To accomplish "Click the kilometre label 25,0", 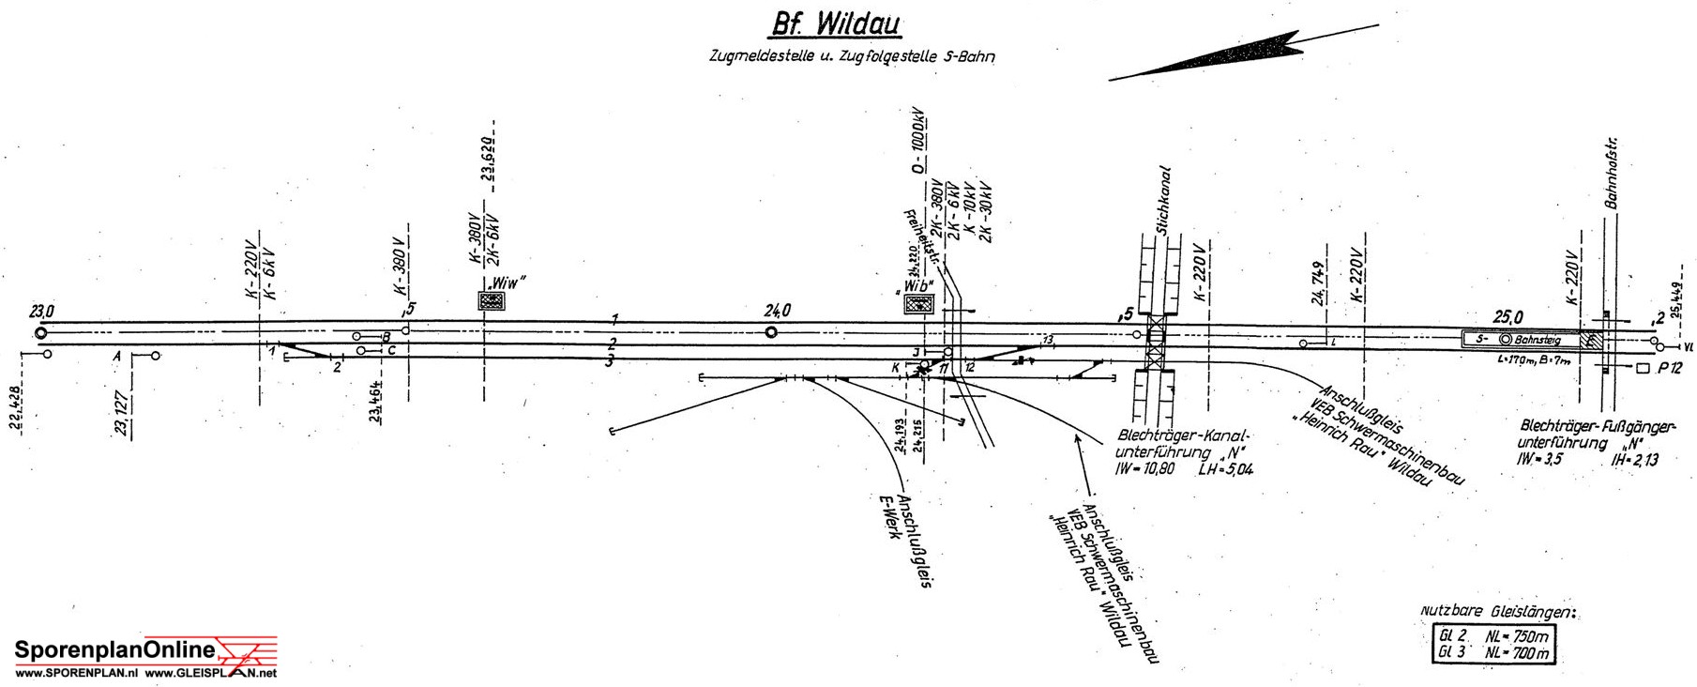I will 1508,317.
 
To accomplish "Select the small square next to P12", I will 1642,369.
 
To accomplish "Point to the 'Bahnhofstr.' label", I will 1613,174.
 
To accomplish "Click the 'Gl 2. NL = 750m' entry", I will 1492,635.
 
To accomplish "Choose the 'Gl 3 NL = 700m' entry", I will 1492,652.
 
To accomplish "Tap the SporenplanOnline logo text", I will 114,649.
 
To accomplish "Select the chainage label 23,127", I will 122,414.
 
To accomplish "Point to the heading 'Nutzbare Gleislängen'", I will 1497,612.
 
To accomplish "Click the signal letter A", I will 117,357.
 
